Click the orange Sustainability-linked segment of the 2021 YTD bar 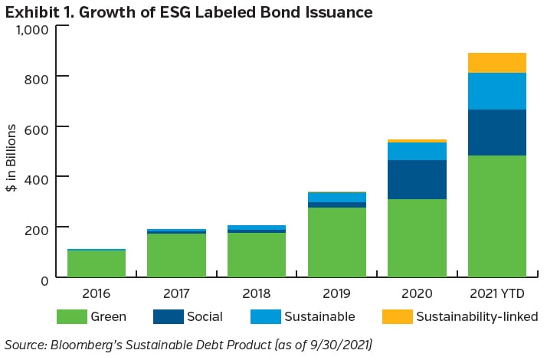tap(497, 63)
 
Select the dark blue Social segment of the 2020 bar tap(417, 179)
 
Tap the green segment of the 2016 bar tap(96, 263)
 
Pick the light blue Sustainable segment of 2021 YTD tap(497, 91)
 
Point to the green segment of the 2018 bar tap(256, 254)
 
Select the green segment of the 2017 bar tap(176, 254)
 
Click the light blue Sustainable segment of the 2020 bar tap(417, 151)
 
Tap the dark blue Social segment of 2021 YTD tap(497, 133)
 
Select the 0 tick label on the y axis tap(44, 279)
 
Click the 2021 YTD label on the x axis tap(497, 293)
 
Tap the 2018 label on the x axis tap(256, 293)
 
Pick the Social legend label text tap(205, 316)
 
